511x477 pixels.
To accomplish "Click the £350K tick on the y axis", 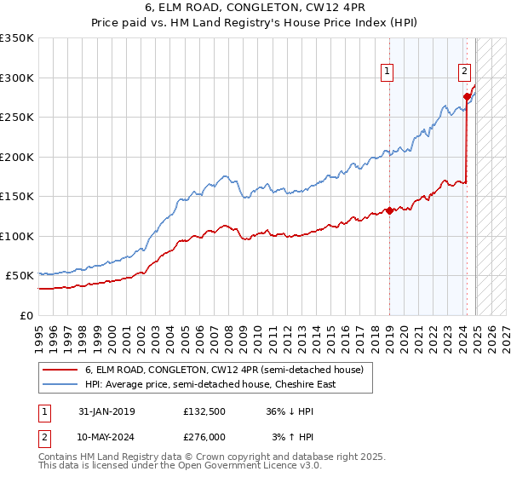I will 17,38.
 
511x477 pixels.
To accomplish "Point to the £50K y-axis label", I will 20,276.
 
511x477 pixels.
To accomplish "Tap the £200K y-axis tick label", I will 17,157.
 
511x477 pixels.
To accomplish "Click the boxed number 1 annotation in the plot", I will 388,72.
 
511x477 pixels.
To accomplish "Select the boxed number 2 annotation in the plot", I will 465,72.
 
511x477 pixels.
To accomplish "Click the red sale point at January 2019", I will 389,210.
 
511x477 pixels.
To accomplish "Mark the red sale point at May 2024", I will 467,96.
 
